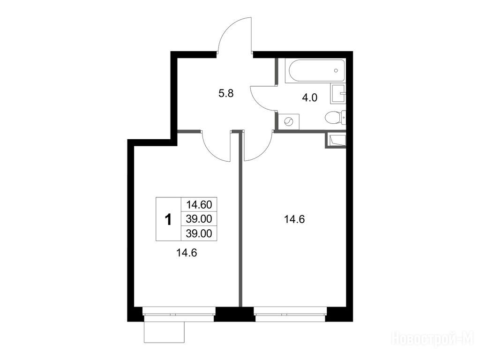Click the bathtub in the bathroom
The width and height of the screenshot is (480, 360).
coord(315,70)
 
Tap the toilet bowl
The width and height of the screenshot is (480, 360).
coord(335,118)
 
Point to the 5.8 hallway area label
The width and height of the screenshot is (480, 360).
coord(226,93)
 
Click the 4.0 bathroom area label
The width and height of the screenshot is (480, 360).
coord(309,98)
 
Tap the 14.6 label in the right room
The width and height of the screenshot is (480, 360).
coord(294,219)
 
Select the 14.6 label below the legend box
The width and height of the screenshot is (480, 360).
coord(187,253)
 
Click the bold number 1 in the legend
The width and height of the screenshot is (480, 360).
coord(168,219)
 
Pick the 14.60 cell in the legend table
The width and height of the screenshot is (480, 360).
coord(199,204)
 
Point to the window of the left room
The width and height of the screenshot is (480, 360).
coord(179,314)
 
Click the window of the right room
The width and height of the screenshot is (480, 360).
coord(290,314)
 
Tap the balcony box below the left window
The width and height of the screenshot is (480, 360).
coord(165,332)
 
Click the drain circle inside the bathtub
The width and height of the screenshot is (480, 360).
coord(336,71)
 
